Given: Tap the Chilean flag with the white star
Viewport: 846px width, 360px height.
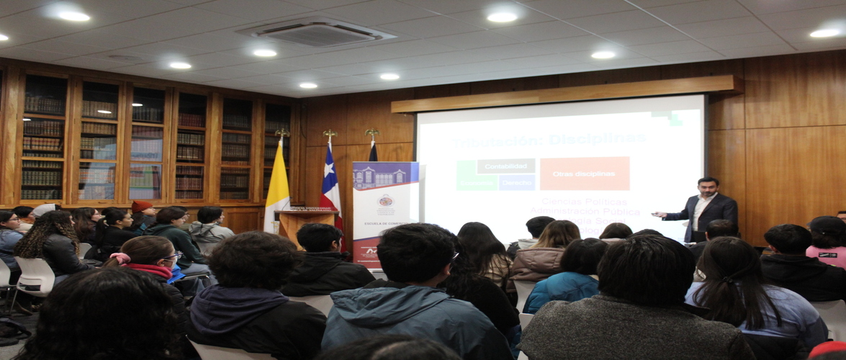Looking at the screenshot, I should pyautogui.click(x=330, y=186).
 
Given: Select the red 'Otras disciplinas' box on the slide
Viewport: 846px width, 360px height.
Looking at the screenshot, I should pyautogui.click(x=584, y=174).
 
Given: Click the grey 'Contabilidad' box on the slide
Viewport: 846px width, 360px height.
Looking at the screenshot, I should pyautogui.click(x=505, y=166).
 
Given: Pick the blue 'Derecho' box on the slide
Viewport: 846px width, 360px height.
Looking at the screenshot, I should pyautogui.click(x=516, y=183).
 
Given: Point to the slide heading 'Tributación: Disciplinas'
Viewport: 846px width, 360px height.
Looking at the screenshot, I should pyautogui.click(x=549, y=138).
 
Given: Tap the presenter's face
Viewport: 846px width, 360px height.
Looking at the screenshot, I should pyautogui.click(x=707, y=189).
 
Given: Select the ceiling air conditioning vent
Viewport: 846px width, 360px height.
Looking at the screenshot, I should pyautogui.click(x=316, y=32).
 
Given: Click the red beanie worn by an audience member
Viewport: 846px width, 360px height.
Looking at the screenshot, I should pyautogui.click(x=142, y=206).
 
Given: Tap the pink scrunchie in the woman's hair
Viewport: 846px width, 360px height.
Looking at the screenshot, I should pyautogui.click(x=118, y=258).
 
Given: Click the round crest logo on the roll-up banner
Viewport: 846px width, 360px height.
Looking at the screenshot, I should pyautogui.click(x=386, y=201).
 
